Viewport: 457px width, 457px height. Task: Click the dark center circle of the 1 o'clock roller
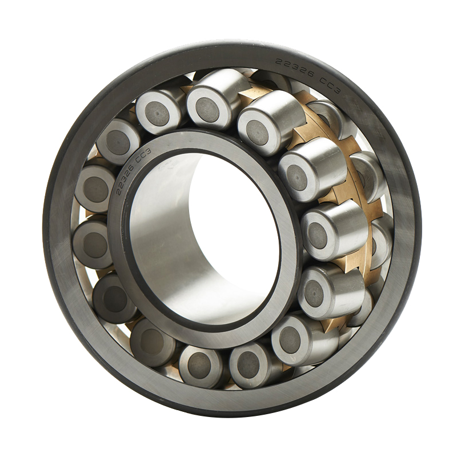pyautogui.click(x=257, y=133)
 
